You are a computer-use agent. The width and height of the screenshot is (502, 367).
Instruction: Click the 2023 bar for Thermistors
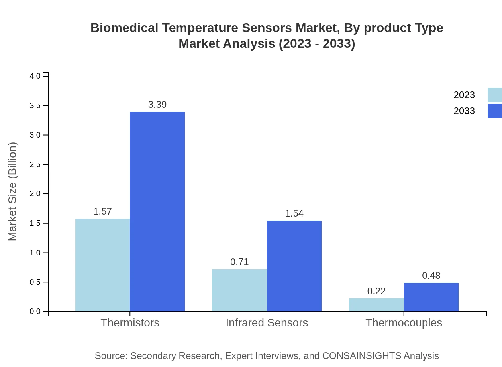(x=102, y=265)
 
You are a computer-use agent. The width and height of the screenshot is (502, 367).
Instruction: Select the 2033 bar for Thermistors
(x=157, y=211)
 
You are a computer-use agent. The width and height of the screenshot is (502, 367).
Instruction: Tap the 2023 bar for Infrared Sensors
(x=239, y=290)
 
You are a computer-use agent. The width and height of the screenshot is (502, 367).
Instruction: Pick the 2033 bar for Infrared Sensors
(x=294, y=266)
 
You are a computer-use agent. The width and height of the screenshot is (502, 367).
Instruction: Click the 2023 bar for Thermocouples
(x=376, y=305)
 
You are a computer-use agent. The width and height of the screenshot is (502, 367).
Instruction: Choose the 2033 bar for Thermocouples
(x=431, y=297)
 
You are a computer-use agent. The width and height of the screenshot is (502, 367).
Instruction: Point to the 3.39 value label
(x=157, y=105)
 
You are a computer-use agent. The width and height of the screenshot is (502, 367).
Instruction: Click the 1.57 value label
(x=102, y=211)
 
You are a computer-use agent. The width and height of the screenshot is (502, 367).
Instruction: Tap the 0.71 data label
(x=239, y=262)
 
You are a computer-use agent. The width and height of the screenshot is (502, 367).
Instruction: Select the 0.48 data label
(x=431, y=276)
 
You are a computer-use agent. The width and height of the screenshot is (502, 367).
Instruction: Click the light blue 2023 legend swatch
(x=494, y=95)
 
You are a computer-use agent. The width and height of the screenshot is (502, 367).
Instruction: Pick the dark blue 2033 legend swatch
(x=494, y=111)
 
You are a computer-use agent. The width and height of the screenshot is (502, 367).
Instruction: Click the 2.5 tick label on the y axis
(x=35, y=164)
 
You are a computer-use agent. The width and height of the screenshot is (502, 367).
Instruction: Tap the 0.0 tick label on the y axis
(x=35, y=312)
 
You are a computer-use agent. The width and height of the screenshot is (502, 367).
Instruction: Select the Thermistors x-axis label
(x=130, y=322)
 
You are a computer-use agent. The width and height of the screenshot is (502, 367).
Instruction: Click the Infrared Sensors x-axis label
(x=267, y=322)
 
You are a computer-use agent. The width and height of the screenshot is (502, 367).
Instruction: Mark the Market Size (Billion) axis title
(x=12, y=191)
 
